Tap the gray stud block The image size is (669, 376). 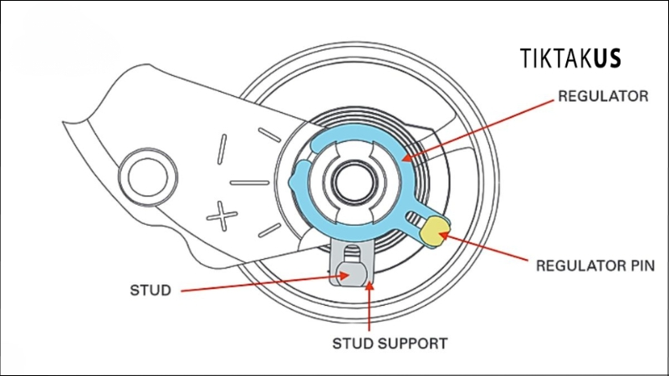click(x=350, y=271)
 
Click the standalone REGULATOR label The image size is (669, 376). click(x=602, y=96)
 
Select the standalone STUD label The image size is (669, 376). click(x=151, y=292)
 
